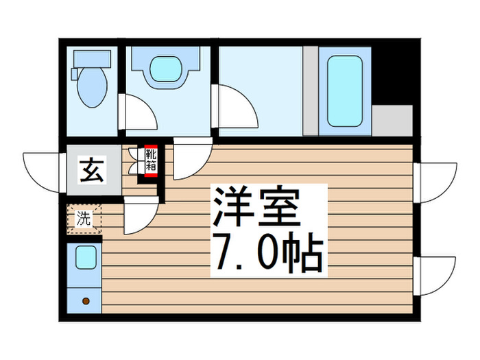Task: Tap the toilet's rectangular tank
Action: coord(89,60)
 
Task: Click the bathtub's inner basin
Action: coord(344,91)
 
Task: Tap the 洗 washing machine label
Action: coord(83,219)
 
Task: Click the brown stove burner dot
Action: coord(86,300)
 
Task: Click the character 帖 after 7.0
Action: coord(300,254)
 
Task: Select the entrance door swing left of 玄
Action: coord(45,172)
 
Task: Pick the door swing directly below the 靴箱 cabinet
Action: coord(142,218)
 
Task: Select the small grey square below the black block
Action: coord(392,119)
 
